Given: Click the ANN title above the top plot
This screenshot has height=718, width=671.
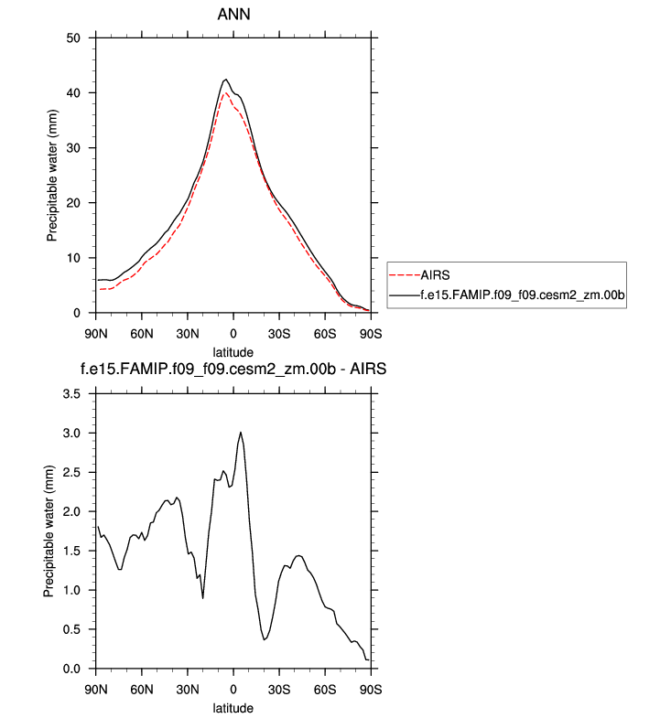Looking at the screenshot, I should pyautogui.click(x=233, y=15).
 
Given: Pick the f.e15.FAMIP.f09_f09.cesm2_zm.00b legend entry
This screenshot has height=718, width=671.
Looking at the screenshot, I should pyautogui.click(x=522, y=295).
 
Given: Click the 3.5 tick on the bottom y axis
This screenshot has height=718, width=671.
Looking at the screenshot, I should pyautogui.click(x=72, y=393).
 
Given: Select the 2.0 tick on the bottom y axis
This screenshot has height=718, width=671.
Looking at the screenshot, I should pyautogui.click(x=72, y=511).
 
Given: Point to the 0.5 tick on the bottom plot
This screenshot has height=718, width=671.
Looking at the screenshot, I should pyautogui.click(x=72, y=629).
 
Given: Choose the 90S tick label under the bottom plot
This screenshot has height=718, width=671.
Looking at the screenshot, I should pyautogui.click(x=371, y=688).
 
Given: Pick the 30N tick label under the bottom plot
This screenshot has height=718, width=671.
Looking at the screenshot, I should pyautogui.click(x=187, y=688).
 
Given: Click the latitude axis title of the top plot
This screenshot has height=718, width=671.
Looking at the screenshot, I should pyautogui.click(x=233, y=351).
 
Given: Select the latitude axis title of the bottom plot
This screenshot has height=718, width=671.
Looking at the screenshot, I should pyautogui.click(x=233, y=707).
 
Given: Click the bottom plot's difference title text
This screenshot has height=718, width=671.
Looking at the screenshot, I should pyautogui.click(x=233, y=370).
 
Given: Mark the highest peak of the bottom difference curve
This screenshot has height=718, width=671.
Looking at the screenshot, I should pyautogui.click(x=241, y=433).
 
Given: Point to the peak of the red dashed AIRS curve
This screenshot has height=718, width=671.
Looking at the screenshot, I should pyautogui.click(x=225, y=92).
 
